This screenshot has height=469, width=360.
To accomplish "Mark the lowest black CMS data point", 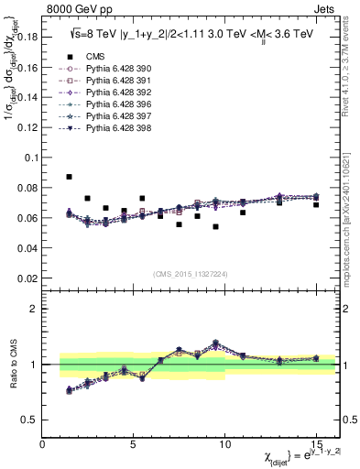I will pyautogui.click(x=216, y=226).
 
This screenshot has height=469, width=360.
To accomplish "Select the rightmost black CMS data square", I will pyautogui.click(x=316, y=204).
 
